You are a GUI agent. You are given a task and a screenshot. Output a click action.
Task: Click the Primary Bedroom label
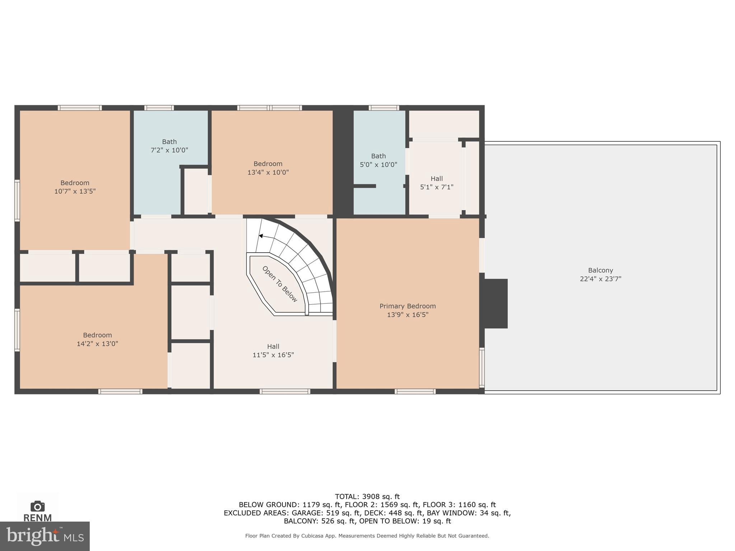click(407, 306)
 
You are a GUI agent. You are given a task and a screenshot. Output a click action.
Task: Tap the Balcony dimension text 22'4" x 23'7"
click(600, 279)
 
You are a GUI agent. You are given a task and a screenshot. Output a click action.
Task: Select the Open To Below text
click(280, 284)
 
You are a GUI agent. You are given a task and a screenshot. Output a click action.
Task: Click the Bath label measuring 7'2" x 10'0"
click(169, 142)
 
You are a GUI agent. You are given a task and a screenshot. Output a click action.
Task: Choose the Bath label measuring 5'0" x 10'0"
click(378, 156)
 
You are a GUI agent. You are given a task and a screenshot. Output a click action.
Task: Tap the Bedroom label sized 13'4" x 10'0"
click(268, 164)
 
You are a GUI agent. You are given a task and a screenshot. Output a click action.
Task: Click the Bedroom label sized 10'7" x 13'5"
click(75, 183)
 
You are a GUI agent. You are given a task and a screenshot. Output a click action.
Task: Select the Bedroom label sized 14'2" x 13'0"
click(97, 335)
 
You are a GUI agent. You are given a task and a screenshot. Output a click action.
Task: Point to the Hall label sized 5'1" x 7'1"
click(436, 179)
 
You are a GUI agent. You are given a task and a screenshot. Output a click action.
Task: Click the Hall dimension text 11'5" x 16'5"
click(273, 355)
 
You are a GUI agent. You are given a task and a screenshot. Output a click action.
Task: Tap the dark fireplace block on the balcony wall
click(496, 303)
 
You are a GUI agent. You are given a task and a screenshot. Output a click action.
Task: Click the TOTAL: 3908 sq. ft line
click(367, 496)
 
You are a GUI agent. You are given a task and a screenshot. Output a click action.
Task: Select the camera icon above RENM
click(37, 506)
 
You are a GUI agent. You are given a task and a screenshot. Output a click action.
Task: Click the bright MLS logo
click(45, 536)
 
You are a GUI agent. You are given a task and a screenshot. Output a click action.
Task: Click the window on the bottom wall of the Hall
click(285, 391)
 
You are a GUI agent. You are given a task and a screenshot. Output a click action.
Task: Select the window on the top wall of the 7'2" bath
click(159, 108)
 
